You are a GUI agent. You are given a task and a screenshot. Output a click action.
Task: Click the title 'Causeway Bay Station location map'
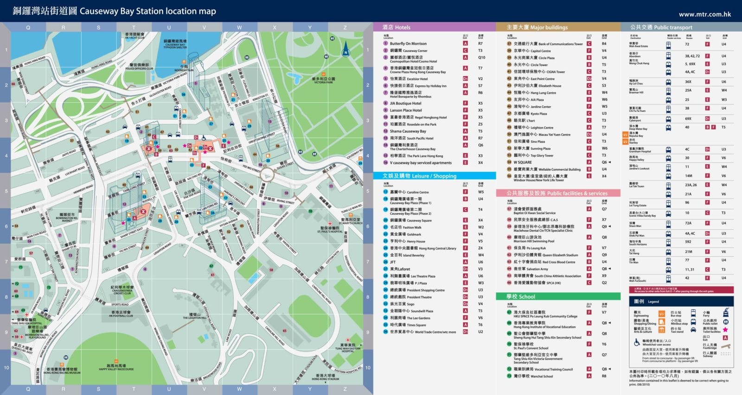click(147, 11)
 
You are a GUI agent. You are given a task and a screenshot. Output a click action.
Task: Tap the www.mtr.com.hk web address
click(704, 14)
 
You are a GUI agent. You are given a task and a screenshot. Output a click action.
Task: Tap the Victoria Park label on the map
click(324, 80)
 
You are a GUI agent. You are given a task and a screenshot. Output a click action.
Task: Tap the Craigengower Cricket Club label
click(122, 290)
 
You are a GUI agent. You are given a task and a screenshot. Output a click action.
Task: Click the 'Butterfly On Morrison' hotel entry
click(408, 44)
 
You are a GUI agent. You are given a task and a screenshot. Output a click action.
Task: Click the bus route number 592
click(688, 242)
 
